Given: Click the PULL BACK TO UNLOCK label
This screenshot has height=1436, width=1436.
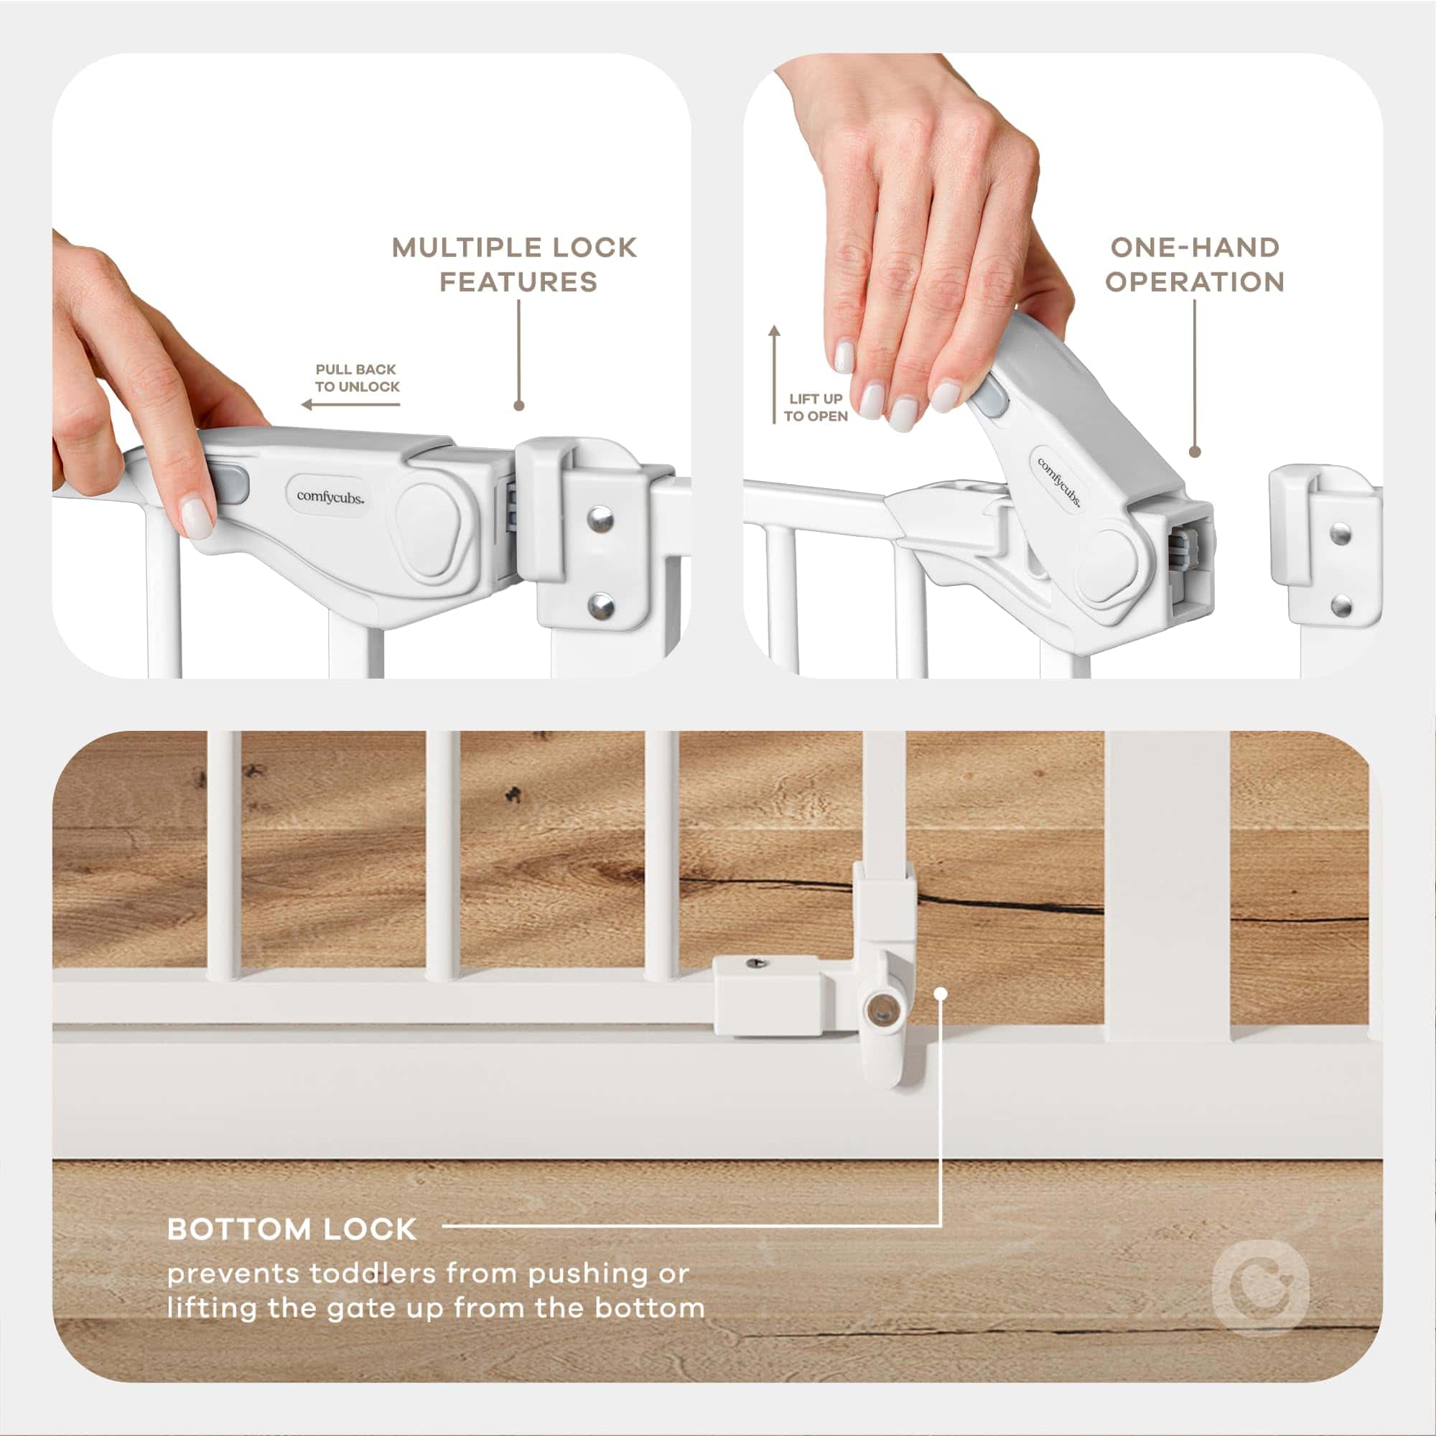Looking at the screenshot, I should [x=357, y=378].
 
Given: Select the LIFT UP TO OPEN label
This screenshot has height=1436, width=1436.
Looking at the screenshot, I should [x=816, y=407].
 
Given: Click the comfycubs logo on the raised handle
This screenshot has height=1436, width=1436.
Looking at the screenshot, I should [x=1058, y=482].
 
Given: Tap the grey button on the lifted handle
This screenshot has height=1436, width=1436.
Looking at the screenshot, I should [x=992, y=396].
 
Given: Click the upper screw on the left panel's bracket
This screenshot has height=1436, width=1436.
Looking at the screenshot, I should [x=599, y=518].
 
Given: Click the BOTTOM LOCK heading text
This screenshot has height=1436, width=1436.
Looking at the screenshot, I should [x=292, y=1229].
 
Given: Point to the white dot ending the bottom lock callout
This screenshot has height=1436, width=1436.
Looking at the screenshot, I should [x=941, y=993].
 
